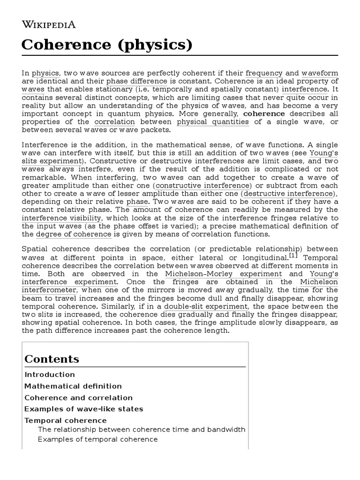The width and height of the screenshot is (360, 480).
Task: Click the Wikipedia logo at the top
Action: click(x=49, y=25)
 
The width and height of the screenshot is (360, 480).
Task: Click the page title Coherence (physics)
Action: click(x=107, y=45)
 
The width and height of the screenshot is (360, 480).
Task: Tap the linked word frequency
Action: click(x=264, y=73)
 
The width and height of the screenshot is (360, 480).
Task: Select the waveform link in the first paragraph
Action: click(x=319, y=73)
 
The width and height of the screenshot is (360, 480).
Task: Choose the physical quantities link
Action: click(x=213, y=121)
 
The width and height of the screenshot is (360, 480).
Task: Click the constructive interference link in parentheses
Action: click(x=204, y=186)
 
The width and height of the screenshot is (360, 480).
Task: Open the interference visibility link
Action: click(x=61, y=218)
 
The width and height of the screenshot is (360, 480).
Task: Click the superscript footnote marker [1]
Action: click(x=293, y=255)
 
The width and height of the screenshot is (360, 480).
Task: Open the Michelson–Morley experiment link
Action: click(x=223, y=274)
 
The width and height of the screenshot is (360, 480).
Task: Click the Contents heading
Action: click(x=52, y=359)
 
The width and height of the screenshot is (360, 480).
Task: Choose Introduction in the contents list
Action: click(x=50, y=375)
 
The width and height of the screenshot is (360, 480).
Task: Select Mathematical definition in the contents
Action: click(x=73, y=386)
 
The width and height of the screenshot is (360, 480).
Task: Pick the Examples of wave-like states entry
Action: click(x=84, y=409)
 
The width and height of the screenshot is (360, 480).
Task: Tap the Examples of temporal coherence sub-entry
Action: click(x=97, y=439)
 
